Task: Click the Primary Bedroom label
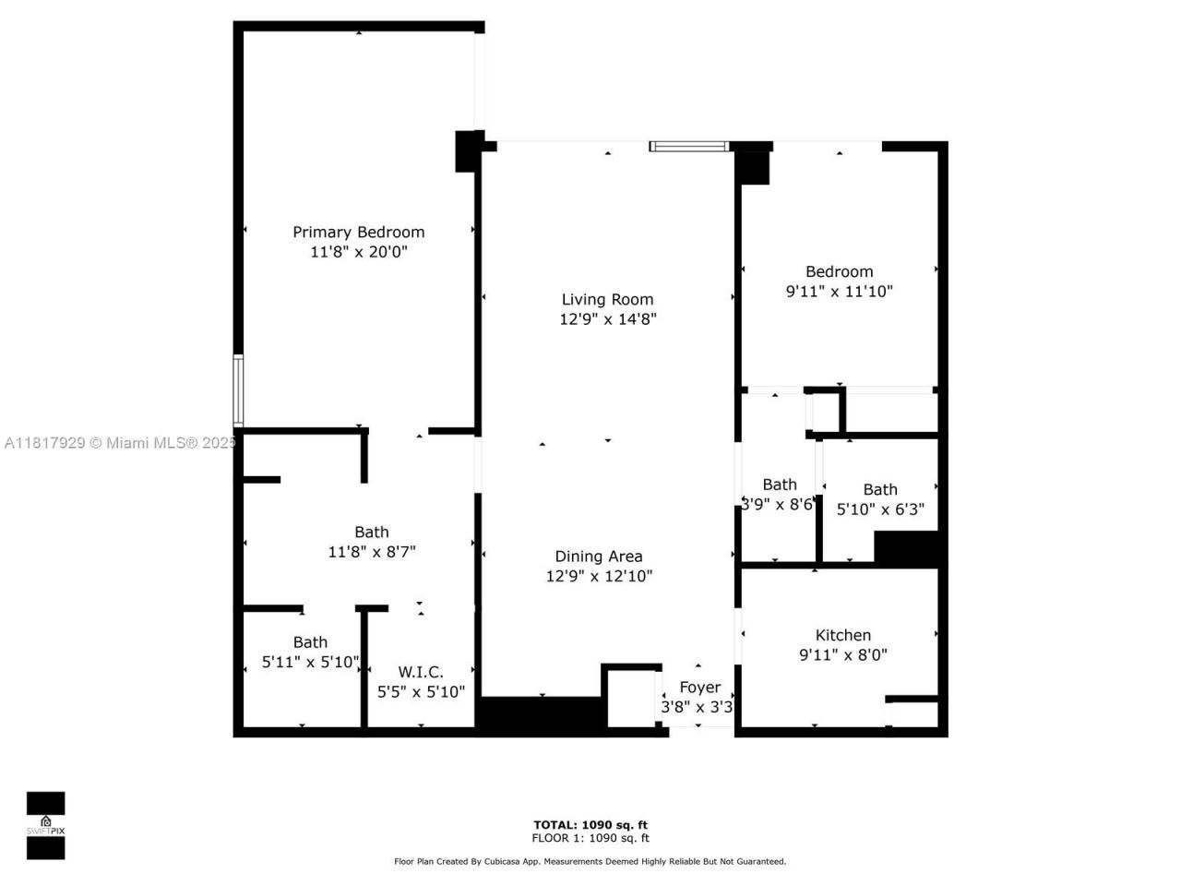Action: coord(358,232)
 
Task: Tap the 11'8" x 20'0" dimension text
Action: coord(358,252)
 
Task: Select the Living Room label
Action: coord(607,299)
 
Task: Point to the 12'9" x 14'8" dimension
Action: coord(607,319)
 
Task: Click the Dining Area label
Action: coord(598,556)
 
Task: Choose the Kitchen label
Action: coord(842,635)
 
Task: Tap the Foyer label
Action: coord(699,687)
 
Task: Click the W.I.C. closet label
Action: coord(421,672)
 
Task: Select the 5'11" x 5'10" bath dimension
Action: coord(310,662)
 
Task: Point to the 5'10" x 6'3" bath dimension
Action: coord(879,509)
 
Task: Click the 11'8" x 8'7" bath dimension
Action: coord(372,552)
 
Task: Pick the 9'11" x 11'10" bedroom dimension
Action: coord(839,292)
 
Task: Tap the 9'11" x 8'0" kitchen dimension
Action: coord(842,655)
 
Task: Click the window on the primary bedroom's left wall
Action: coord(238,390)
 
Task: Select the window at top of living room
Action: coord(688,146)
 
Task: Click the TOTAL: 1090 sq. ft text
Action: coord(590,825)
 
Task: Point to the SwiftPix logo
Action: coord(45,825)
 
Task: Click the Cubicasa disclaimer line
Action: coord(590,861)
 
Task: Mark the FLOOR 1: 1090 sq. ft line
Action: coord(590,838)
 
